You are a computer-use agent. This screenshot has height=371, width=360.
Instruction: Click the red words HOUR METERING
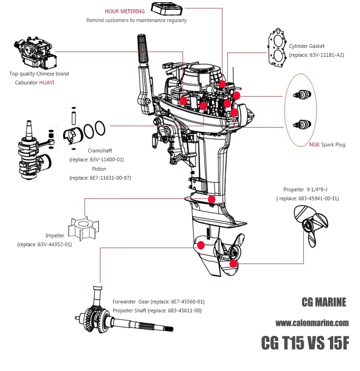pyautogui.click(x=124, y=11)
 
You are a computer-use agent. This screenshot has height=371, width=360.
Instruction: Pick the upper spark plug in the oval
pyautogui.click(x=299, y=95)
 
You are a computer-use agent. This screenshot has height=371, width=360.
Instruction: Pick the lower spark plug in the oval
pyautogui.click(x=299, y=125)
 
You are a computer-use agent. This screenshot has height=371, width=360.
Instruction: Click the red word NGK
pyautogui.click(x=314, y=144)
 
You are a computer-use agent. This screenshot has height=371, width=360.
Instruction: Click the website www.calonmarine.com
pyautogui.click(x=312, y=323)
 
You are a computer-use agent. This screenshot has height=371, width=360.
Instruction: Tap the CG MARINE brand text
pyautogui.click(x=323, y=303)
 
